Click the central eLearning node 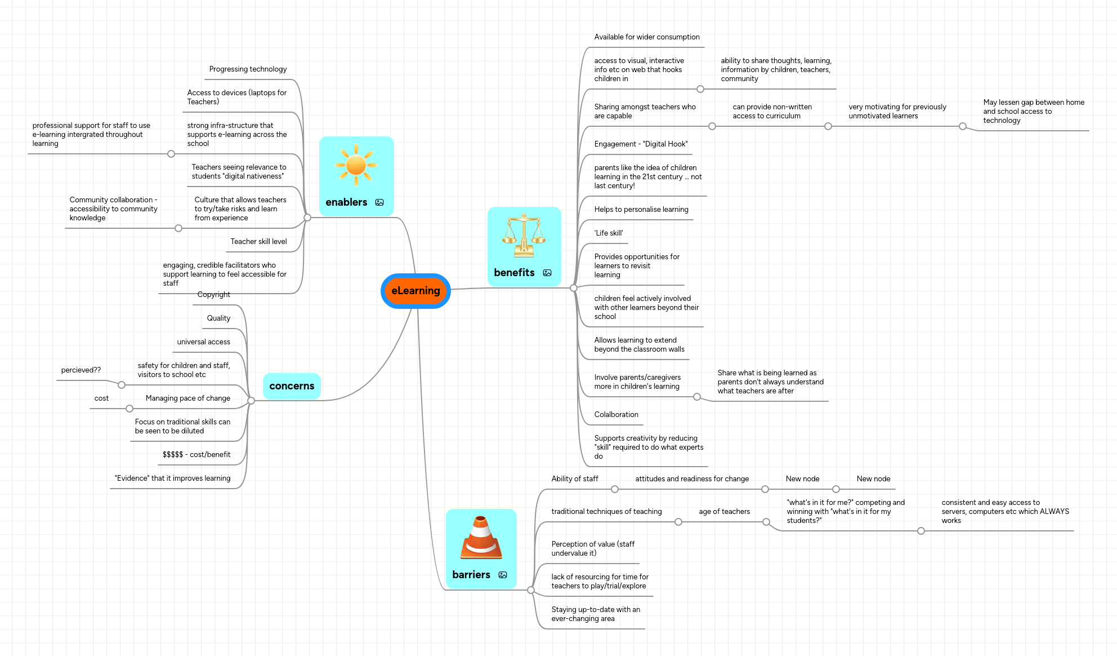click(415, 291)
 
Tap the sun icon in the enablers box click(356, 165)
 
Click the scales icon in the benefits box click(524, 236)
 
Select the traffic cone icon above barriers click(481, 538)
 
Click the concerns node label click(292, 386)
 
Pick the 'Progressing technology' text click(248, 69)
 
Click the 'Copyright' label click(213, 295)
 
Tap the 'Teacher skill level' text click(258, 242)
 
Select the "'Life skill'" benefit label click(608, 233)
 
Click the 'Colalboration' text click(616, 415)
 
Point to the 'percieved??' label click(81, 370)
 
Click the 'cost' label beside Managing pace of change click(101, 398)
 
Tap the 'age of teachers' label click(724, 512)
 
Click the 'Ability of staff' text click(574, 479)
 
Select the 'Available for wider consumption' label click(646, 37)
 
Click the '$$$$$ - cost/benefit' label click(196, 455)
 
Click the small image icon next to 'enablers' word click(379, 202)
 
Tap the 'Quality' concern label click(218, 318)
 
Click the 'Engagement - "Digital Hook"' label click(641, 144)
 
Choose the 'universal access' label click(203, 342)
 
